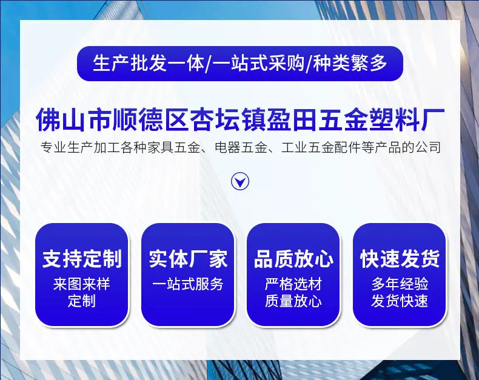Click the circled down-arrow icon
[x=240, y=182]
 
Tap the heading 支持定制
[x=82, y=259]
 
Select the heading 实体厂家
[x=188, y=259]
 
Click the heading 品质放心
[x=293, y=259]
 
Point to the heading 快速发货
[x=400, y=259]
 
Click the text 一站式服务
[x=188, y=284]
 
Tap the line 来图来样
[x=82, y=284]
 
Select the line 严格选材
[x=293, y=284]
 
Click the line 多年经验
[x=400, y=284]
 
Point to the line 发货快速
[x=400, y=301]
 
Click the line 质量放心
[x=293, y=301]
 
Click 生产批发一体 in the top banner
[x=149, y=63]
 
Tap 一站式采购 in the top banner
[x=259, y=63]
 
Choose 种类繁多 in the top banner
[x=350, y=63]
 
